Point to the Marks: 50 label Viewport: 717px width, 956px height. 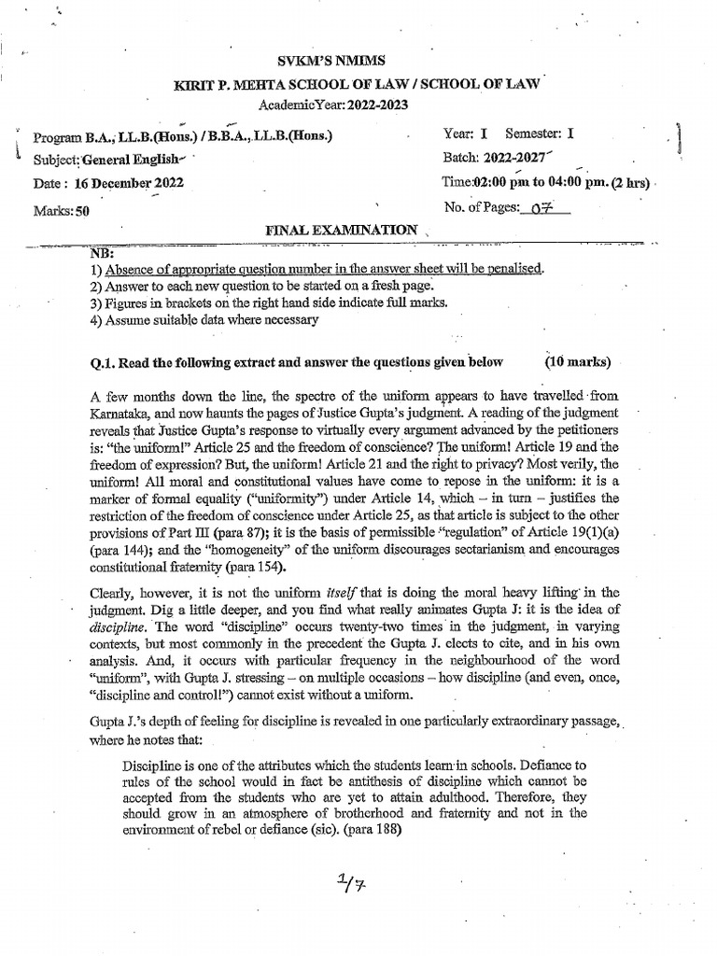tap(62, 211)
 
